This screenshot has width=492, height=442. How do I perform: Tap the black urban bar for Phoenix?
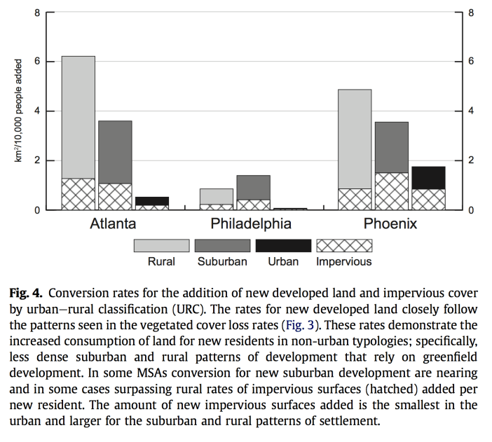click(428, 177)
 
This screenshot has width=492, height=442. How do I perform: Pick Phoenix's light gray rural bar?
click(355, 139)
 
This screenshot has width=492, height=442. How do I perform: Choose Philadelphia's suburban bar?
click(253, 187)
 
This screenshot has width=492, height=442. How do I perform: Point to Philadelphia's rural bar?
click(217, 196)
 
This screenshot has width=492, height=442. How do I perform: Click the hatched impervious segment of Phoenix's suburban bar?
click(392, 191)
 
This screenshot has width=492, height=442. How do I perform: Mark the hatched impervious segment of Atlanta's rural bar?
click(78, 194)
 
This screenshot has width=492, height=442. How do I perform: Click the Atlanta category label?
click(113, 224)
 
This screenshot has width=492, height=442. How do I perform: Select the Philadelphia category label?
click(251, 224)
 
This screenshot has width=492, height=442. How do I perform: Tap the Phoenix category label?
click(390, 224)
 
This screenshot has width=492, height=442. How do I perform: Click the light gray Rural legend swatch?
click(162, 245)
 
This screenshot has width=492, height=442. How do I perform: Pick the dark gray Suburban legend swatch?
click(222, 245)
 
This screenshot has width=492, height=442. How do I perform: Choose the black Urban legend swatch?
click(283, 245)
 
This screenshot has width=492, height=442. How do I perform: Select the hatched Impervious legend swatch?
click(344, 245)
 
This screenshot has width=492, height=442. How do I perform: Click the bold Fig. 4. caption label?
click(27, 292)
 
